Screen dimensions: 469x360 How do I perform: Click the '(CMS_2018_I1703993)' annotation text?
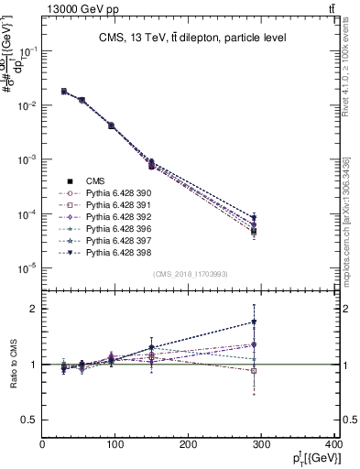pos(191,274)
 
